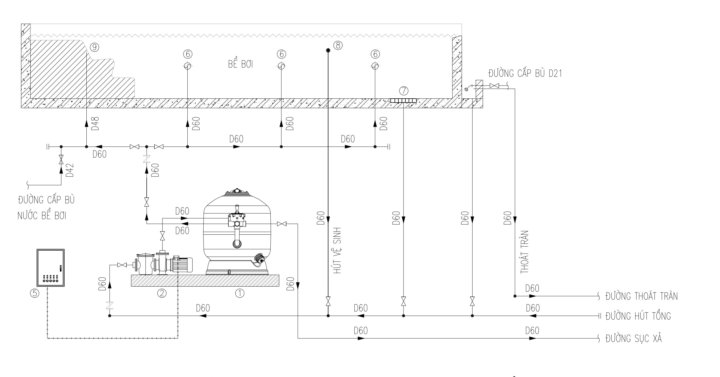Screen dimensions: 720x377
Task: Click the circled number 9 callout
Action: tap(95, 47)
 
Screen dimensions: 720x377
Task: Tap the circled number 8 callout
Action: tap(338, 45)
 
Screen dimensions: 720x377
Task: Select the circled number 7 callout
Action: tap(404, 91)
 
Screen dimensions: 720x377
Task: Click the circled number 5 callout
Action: tap(34, 293)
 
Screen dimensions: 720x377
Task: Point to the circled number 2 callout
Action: tap(162, 293)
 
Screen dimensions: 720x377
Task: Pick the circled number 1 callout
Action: tap(240, 293)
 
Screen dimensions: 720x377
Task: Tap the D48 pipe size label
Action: tap(96, 123)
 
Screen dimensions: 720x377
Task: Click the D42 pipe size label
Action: tap(70, 170)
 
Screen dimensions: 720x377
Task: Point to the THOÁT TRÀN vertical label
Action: tap(525, 252)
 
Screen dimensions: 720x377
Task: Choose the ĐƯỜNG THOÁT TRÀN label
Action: tap(642, 296)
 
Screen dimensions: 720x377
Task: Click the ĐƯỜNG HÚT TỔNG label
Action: tap(638, 316)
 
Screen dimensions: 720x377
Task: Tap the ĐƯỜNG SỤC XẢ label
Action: tap(634, 338)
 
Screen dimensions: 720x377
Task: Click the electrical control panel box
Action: tap(51, 268)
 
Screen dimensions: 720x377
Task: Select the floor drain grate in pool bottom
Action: tap(403, 101)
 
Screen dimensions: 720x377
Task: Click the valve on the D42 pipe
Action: tap(61, 160)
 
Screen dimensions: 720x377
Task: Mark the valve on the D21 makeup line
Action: tap(494, 86)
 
